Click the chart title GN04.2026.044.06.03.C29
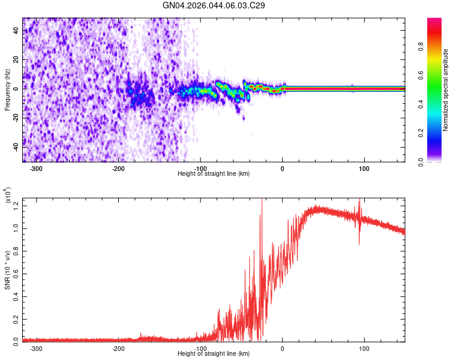pyautogui.click(x=214, y=5)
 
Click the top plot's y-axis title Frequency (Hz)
pyautogui.click(x=7, y=90)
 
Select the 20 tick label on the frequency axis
pyautogui.click(x=16, y=60)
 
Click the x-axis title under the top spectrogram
pyautogui.click(x=214, y=173)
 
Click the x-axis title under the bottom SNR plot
pyautogui.click(x=214, y=353)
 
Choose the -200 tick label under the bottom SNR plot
pyautogui.click(x=118, y=347)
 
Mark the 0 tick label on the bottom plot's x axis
pyautogui.click(x=283, y=347)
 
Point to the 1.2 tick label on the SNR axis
pyautogui.click(x=16, y=206)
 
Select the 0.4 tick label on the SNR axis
pyautogui.click(x=16, y=296)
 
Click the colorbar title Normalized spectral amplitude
pyautogui.click(x=446, y=90)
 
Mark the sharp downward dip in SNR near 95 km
pyautogui.click(x=359, y=243)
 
